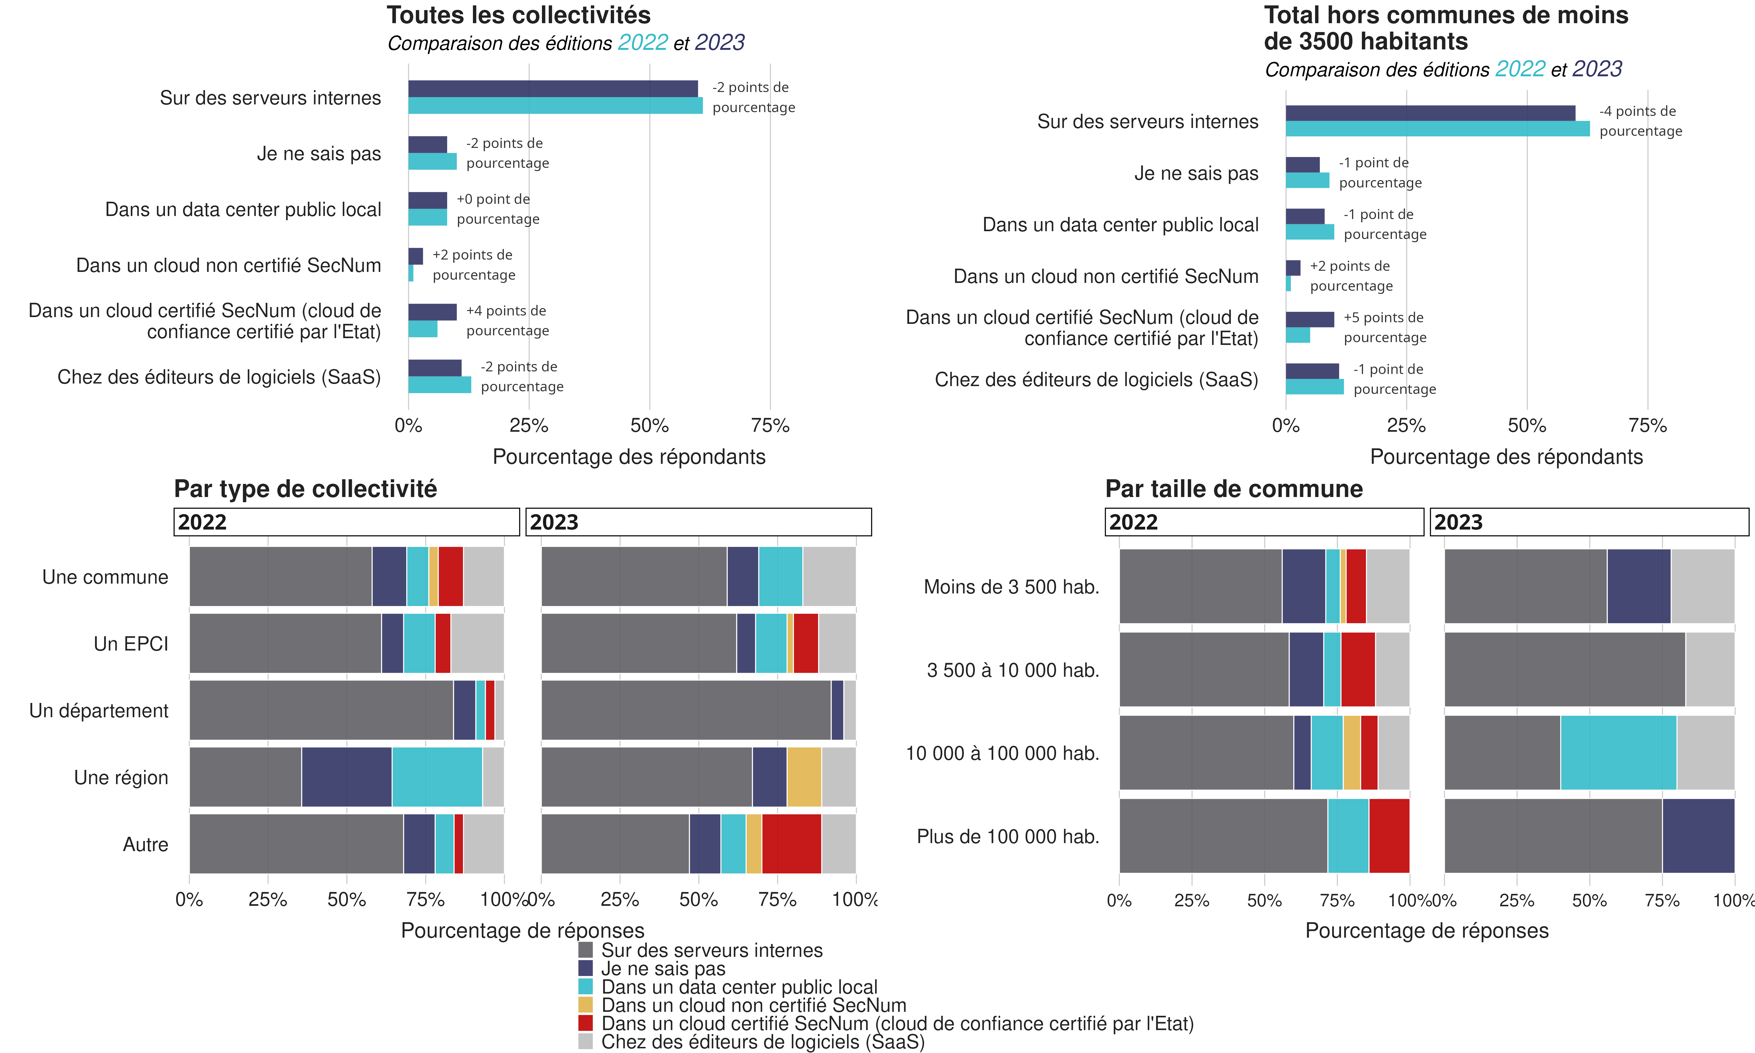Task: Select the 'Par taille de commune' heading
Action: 1234,489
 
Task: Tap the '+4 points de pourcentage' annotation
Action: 507,321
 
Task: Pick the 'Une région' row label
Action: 121,778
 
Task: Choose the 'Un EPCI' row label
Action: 131,643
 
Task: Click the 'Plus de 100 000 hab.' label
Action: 1007,837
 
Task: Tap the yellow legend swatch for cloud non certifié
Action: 585,1005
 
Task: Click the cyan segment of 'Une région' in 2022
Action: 437,777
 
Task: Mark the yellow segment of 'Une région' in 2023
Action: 804,777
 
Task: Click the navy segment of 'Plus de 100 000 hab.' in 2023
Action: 1698,836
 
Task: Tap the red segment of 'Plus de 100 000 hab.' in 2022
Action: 1389,836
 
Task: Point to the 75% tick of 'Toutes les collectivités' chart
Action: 770,426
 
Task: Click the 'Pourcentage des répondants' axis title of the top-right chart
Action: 1506,457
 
